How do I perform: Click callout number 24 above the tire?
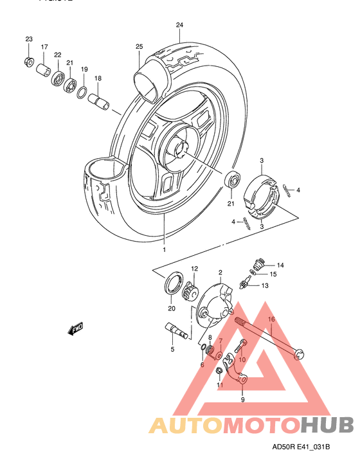click(179, 26)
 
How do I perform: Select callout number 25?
click(139, 47)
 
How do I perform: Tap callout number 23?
click(28, 40)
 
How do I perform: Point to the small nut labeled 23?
click(28, 61)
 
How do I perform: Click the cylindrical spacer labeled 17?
click(44, 69)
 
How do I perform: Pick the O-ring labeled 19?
click(83, 93)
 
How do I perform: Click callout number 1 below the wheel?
click(164, 249)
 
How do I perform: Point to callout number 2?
click(220, 273)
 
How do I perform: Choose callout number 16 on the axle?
click(271, 319)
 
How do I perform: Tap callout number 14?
click(280, 265)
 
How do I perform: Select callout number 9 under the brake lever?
click(242, 400)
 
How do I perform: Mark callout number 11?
click(219, 386)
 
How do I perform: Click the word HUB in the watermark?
click(327, 425)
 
